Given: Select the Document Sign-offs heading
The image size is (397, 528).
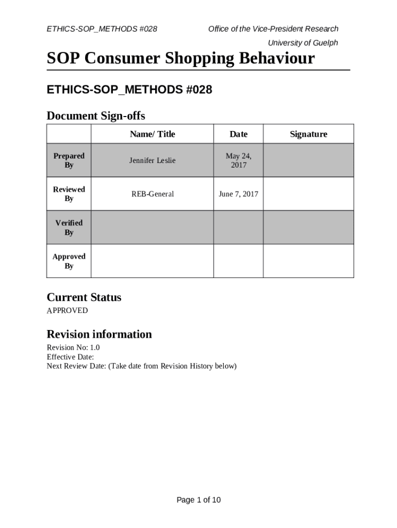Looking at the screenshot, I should tap(96, 115).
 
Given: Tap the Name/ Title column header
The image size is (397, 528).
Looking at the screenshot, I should tap(152, 134).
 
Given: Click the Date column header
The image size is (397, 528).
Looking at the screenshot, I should tap(238, 134).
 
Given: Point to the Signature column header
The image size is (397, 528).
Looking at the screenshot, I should tap(308, 134).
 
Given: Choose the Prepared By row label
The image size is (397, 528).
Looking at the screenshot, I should tap(69, 160).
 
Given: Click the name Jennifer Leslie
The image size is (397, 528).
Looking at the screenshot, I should tap(152, 160).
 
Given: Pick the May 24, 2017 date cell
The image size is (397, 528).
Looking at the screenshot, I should tap(238, 160).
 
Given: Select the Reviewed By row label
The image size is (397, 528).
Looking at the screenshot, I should tap(69, 194).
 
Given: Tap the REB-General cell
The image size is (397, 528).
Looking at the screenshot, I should tap(152, 194).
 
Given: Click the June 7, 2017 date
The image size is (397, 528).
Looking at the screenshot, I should tap(238, 194).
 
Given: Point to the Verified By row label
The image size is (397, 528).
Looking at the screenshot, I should tap(69, 227).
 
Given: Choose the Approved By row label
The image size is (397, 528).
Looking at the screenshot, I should tap(69, 261).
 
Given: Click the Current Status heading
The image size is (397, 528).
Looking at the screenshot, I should tap(84, 297).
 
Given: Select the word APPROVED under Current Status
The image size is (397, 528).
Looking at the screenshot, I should tap(67, 310).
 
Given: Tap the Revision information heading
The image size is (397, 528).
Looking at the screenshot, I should tap(99, 334).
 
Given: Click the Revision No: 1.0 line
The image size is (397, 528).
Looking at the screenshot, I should tap(73, 348).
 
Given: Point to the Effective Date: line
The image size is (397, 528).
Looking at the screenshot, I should tap(70, 357).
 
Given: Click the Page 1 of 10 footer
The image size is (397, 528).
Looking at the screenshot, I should tap(198, 500).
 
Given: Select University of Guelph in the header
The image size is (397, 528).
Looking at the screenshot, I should tap(303, 43).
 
